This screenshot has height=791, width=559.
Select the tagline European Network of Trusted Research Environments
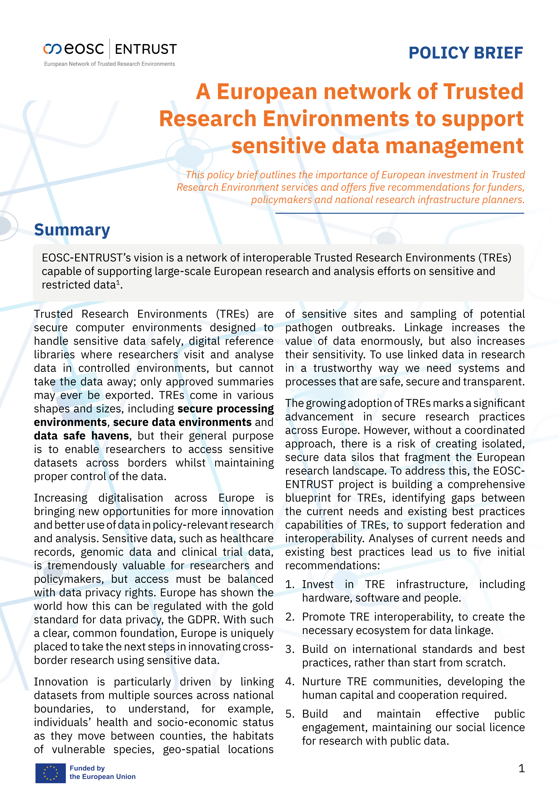(110, 64)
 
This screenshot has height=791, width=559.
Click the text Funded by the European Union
(102, 772)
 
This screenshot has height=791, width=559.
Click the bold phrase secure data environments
(182, 422)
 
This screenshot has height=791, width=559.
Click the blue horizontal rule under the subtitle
(400, 213)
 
